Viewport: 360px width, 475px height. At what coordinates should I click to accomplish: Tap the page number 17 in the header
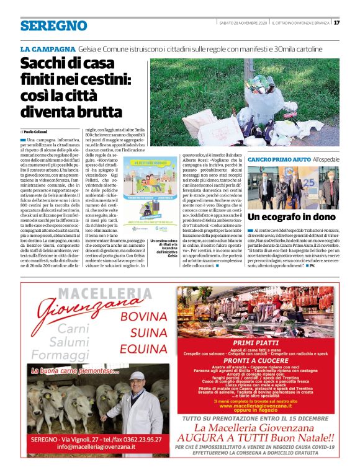336,23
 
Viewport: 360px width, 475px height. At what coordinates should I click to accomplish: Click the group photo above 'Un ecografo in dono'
294,188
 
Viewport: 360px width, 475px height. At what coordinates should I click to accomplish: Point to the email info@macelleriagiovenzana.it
87,446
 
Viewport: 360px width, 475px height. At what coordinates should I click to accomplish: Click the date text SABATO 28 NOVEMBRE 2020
243,23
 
